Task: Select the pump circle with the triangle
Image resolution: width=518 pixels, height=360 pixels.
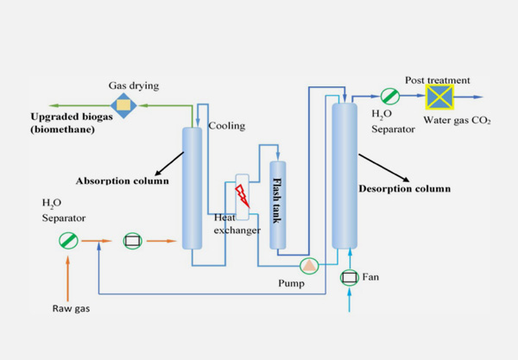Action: pyautogui.click(x=306, y=263)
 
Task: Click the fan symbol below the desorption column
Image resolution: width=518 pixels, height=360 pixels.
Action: pyautogui.click(x=349, y=277)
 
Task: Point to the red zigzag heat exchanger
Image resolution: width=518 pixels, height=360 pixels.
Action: pyautogui.click(x=243, y=199)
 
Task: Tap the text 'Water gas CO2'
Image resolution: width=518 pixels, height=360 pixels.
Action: pyautogui.click(x=457, y=121)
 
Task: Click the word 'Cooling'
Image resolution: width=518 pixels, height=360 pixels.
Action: pyautogui.click(x=226, y=126)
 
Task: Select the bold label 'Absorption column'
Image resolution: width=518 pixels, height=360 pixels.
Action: pyautogui.click(x=122, y=181)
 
